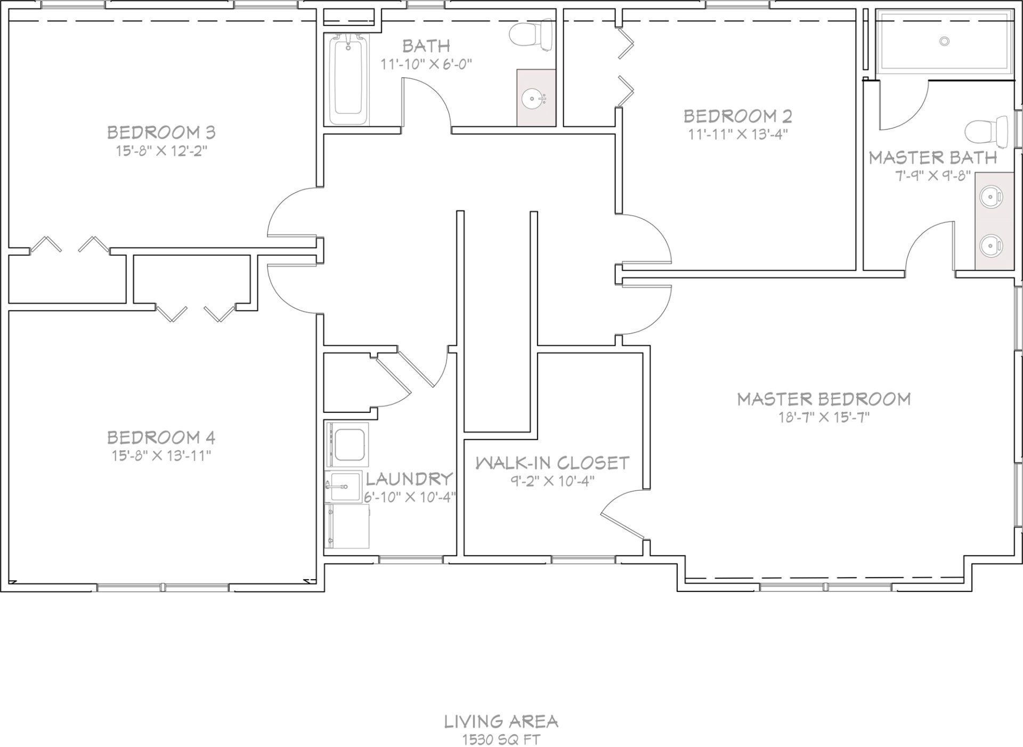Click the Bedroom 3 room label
[x=161, y=132]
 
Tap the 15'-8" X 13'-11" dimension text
[x=161, y=456]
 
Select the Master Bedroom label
[x=824, y=399]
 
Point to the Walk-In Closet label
[x=552, y=462]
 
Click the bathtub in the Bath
[x=350, y=79]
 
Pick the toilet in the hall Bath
[x=532, y=35]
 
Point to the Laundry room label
[x=409, y=478]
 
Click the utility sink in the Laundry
[x=339, y=487]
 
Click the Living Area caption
[x=501, y=721]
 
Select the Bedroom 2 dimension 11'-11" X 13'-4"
[x=738, y=133]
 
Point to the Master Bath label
[x=933, y=158]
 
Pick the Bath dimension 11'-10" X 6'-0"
[x=426, y=64]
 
